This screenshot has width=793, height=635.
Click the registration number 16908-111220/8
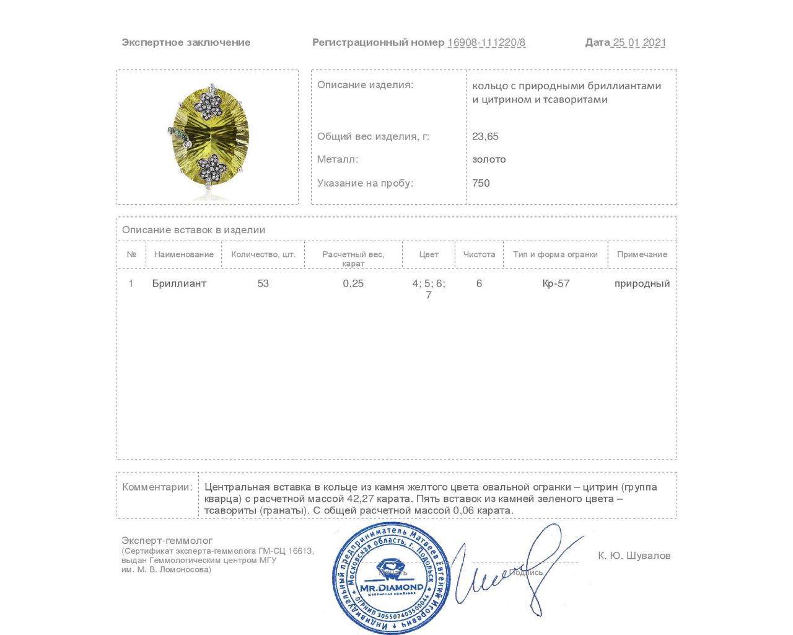(x=486, y=43)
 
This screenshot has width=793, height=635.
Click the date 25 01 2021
(x=639, y=43)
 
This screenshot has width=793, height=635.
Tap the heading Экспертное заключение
(x=186, y=43)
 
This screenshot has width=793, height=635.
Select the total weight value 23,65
(x=485, y=136)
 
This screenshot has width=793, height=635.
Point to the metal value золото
(x=489, y=159)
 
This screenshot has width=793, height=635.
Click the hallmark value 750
(x=481, y=183)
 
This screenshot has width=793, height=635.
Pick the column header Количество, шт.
(x=263, y=254)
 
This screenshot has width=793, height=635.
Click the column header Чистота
(x=479, y=254)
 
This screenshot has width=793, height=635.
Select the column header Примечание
(x=642, y=254)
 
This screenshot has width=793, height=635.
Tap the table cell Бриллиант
(x=179, y=283)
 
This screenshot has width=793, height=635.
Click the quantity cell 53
(x=263, y=283)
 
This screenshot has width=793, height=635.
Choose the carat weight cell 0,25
(x=353, y=283)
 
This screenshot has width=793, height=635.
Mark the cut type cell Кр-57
(x=556, y=283)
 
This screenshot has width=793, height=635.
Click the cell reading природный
(x=642, y=283)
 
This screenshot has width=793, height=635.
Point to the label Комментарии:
(x=157, y=487)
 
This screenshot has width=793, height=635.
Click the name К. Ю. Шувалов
(x=634, y=556)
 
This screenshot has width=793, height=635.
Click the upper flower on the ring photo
(x=208, y=105)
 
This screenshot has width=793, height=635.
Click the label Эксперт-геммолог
(x=167, y=541)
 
